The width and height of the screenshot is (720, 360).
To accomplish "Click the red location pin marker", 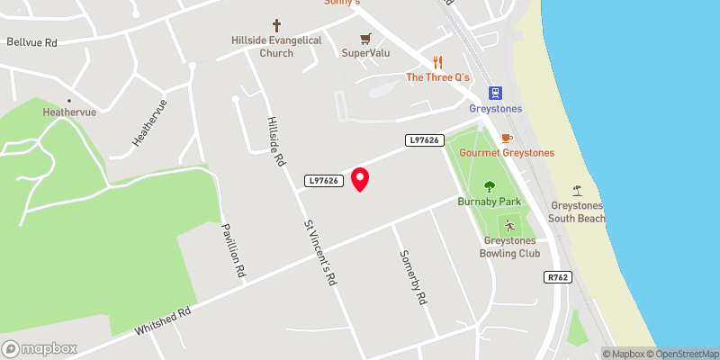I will (x=360, y=179).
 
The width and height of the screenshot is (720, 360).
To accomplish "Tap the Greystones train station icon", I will (x=494, y=93).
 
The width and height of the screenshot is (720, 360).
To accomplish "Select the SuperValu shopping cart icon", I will (x=365, y=39).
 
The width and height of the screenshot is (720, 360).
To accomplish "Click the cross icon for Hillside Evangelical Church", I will (x=276, y=27).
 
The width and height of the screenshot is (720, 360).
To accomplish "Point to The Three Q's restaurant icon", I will (x=438, y=62).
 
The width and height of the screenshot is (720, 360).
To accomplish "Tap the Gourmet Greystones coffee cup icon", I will (x=507, y=138).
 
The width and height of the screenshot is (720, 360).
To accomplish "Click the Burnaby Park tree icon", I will (x=490, y=187).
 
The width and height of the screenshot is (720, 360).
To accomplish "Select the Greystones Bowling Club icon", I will (x=510, y=226).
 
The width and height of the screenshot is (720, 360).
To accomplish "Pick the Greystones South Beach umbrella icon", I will (x=578, y=190).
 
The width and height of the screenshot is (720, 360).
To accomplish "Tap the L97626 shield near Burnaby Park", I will (x=424, y=139).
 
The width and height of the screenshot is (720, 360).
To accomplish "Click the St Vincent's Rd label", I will (x=319, y=253).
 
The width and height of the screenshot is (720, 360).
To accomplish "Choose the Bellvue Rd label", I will (x=31, y=41).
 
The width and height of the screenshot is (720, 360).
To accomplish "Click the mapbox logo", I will (x=40, y=348).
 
